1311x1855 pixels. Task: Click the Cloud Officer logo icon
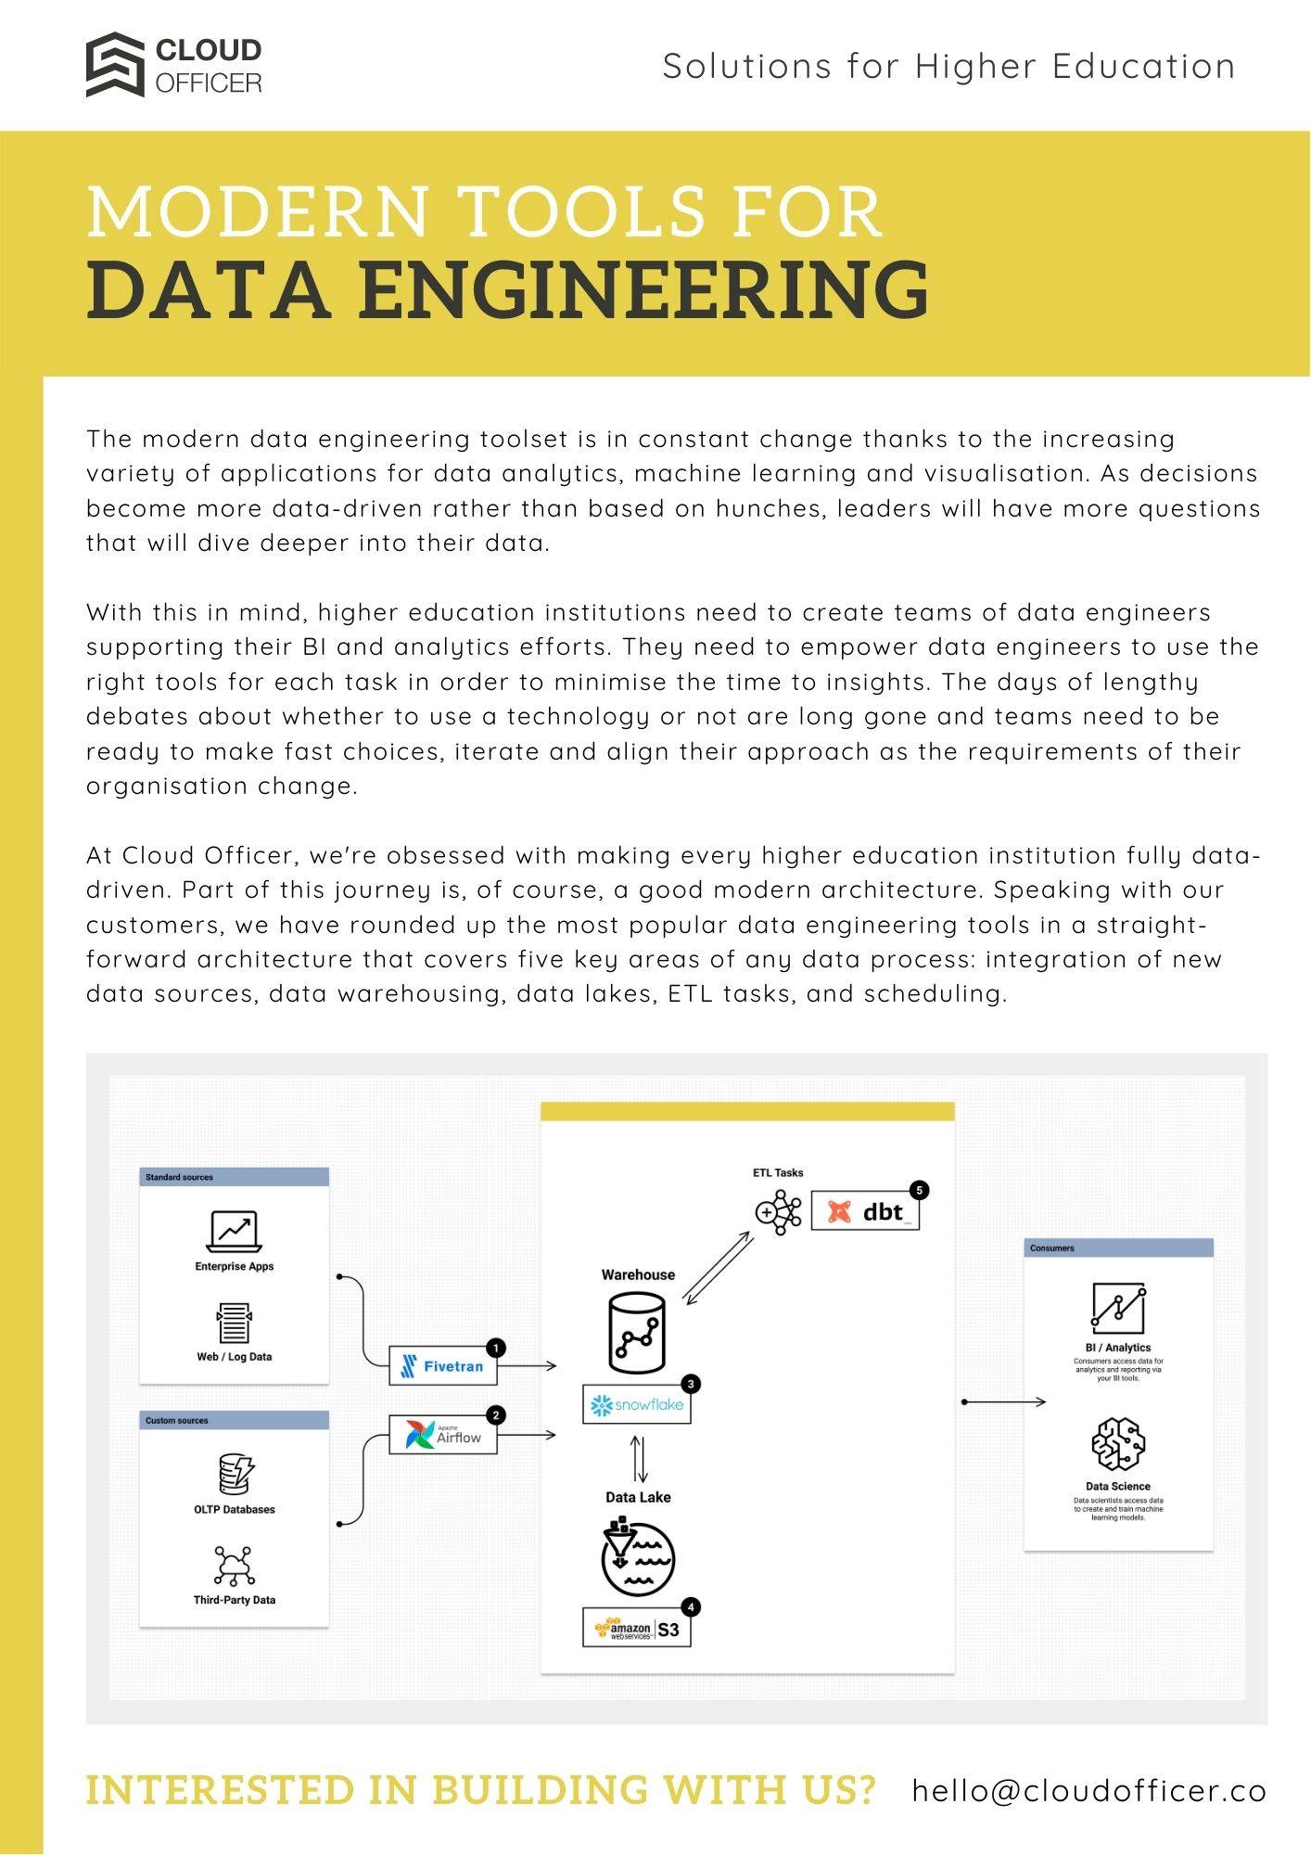tap(115, 65)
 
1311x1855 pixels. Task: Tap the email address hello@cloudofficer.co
tap(1088, 1789)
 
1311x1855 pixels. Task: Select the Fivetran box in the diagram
tap(442, 1365)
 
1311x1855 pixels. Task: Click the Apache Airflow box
tap(442, 1435)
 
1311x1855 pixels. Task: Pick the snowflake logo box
tap(636, 1404)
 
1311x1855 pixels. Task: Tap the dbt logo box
tap(864, 1211)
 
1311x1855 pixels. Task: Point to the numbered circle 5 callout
tap(919, 1190)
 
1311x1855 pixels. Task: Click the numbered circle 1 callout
tap(496, 1348)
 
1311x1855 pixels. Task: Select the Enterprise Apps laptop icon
tap(234, 1232)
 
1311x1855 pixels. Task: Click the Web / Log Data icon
tap(234, 1324)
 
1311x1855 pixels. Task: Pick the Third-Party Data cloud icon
tap(234, 1566)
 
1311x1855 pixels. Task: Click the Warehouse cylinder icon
tap(637, 1334)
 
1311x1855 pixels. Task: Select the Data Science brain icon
tap(1117, 1444)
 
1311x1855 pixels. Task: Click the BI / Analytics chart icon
tap(1117, 1308)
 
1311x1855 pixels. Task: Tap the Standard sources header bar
tap(235, 1177)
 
